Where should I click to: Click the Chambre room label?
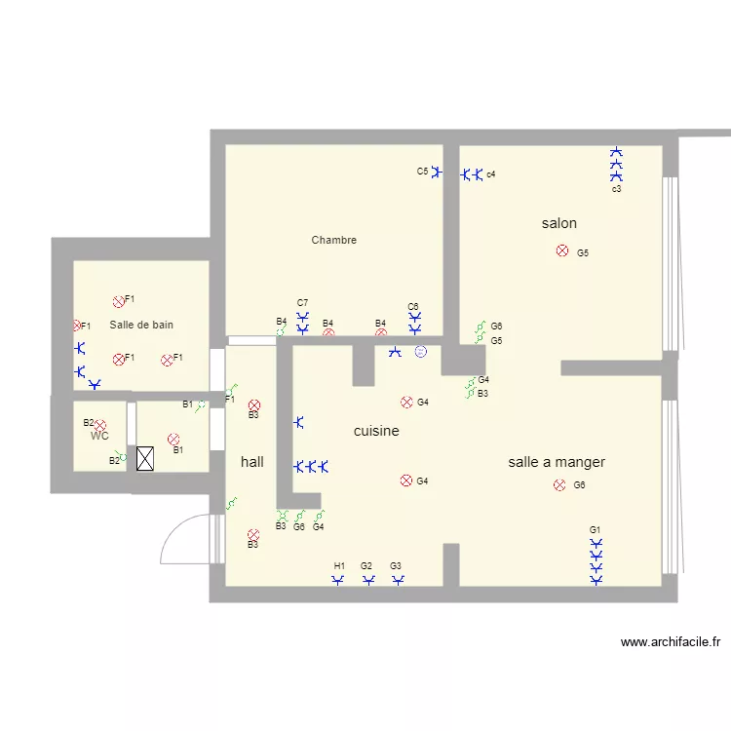(333, 240)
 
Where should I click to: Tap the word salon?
(558, 223)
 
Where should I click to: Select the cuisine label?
(376, 431)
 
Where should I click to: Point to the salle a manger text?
(557, 462)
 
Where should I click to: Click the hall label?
(251, 462)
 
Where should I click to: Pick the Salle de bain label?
(141, 325)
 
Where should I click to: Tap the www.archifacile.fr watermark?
(670, 642)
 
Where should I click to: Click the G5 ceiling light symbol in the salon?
(561, 251)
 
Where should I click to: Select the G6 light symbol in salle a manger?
(559, 484)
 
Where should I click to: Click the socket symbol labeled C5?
(437, 173)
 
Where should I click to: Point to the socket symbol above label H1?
(338, 581)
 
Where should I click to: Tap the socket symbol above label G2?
(368, 581)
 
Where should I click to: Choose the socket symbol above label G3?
(398, 581)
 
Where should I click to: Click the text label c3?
(616, 189)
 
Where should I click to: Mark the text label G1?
(595, 529)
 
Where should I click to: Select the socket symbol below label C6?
(415, 323)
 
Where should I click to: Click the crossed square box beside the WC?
(145, 459)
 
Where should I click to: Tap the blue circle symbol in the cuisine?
(420, 352)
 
